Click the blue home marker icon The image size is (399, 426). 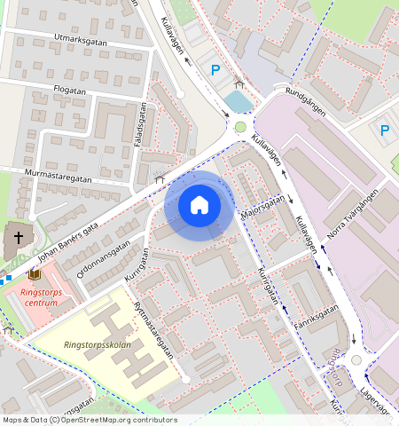(x=199, y=205)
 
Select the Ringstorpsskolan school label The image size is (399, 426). (x=98, y=344)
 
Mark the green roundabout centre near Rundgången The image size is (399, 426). (x=240, y=127)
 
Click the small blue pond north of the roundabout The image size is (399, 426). (x=238, y=102)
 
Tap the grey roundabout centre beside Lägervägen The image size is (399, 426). (x=356, y=360)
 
